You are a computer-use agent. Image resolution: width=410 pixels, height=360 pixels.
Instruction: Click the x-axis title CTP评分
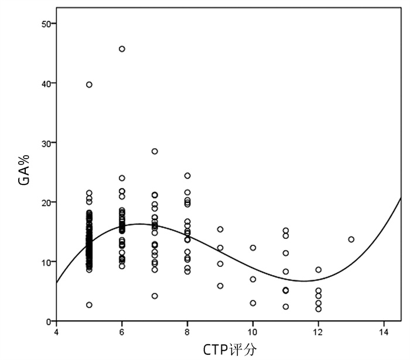tap(230, 349)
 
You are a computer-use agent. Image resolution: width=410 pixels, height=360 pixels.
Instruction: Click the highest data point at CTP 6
tap(122, 49)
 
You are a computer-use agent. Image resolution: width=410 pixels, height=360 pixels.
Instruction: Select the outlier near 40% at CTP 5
tap(89, 85)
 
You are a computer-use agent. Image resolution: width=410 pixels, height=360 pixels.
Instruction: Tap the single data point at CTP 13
tap(351, 239)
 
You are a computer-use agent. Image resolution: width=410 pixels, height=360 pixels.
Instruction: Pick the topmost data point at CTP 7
tap(155, 151)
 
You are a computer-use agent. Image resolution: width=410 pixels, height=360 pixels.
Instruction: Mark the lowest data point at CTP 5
tap(89, 305)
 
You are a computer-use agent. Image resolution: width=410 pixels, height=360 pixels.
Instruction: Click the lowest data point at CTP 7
tap(155, 296)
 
